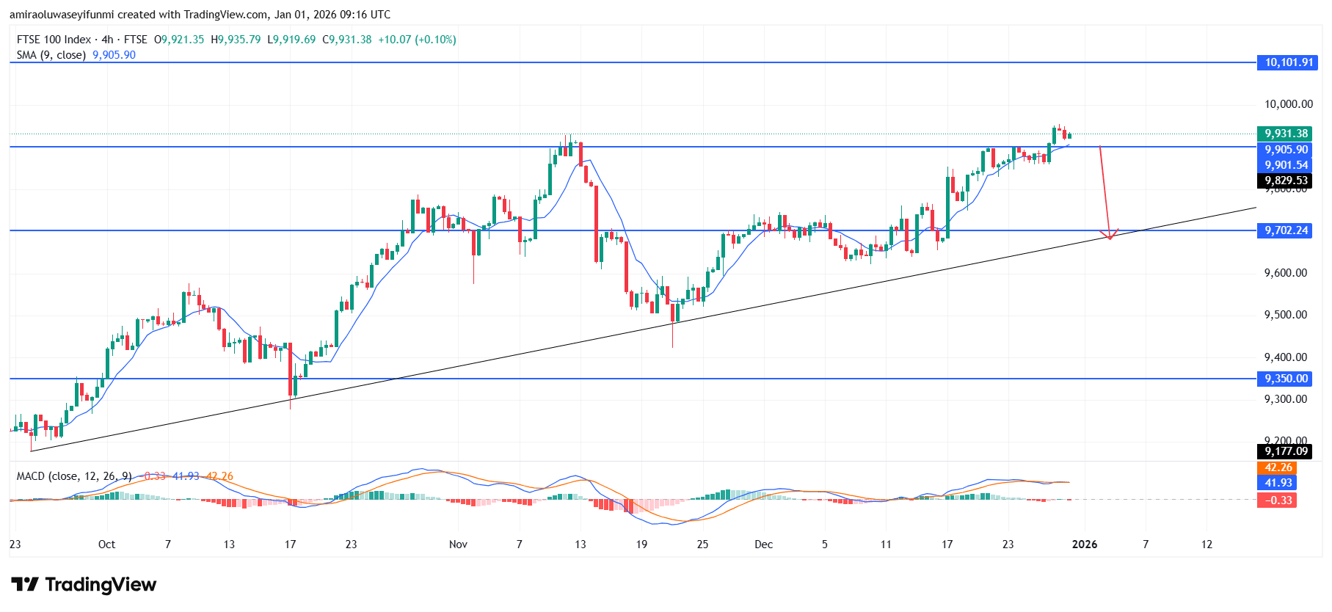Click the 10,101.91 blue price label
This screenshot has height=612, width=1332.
coord(1288,62)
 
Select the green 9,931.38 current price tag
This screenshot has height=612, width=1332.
coord(1286,134)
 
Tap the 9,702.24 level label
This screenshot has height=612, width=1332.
coord(1286,230)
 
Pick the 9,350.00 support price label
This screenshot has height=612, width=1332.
coord(1286,379)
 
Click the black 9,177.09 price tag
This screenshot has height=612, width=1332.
coord(1286,451)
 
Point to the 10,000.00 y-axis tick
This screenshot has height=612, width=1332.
coord(1288,104)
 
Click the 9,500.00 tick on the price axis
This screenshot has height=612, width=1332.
coord(1285,315)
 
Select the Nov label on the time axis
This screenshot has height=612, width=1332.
coord(458,544)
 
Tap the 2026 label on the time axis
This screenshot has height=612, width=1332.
coord(1085,544)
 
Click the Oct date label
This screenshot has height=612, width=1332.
coord(106,544)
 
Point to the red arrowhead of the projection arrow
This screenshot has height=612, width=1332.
coord(1109,235)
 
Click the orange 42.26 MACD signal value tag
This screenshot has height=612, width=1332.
coord(1278,467)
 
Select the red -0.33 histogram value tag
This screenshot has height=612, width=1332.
coord(1278,500)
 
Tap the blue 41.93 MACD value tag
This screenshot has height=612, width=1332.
coord(1278,483)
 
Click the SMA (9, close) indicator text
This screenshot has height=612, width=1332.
coord(51,55)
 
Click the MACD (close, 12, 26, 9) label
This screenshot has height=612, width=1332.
coord(74,476)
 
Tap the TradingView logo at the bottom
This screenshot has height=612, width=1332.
coord(84,585)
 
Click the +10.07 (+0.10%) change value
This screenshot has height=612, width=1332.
coord(417,40)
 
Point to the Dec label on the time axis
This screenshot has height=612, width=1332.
coord(763,544)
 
